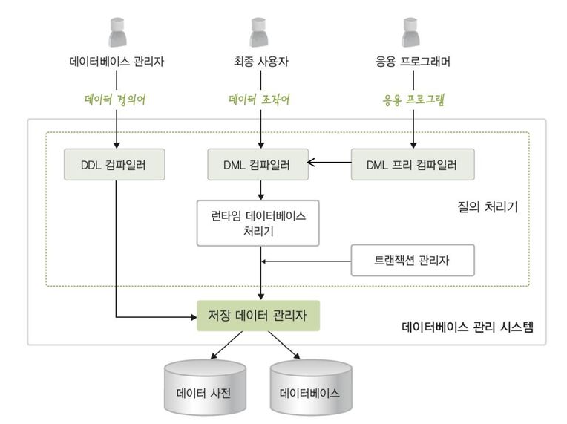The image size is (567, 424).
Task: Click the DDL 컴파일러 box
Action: (116, 163)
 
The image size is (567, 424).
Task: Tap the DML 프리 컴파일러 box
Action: (412, 163)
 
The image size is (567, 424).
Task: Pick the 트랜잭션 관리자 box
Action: (412, 261)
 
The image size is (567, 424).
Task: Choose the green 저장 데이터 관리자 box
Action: (258, 316)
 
